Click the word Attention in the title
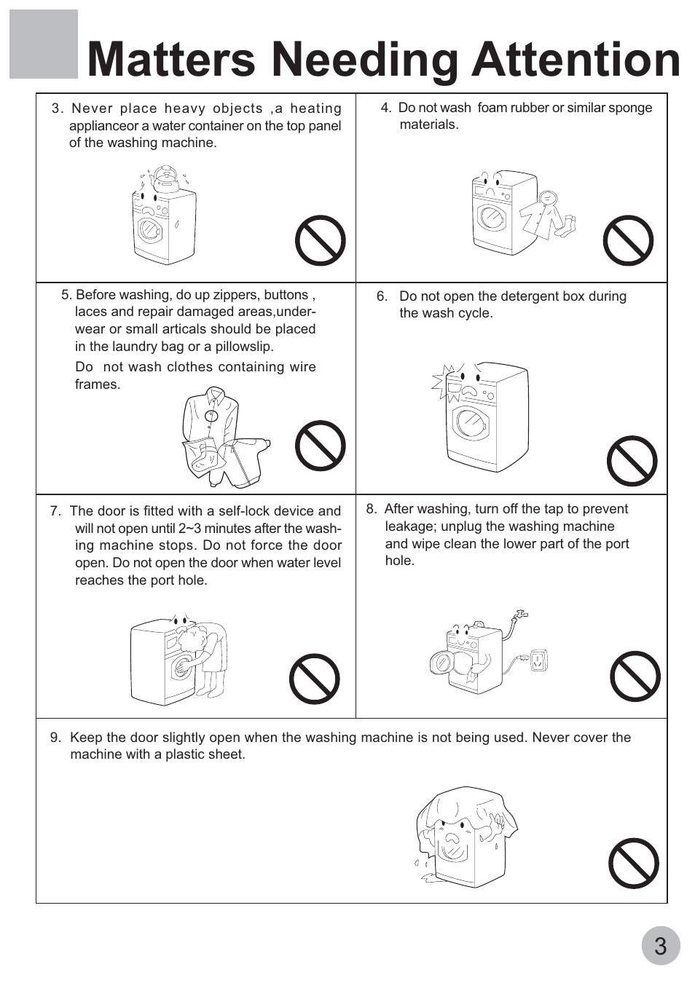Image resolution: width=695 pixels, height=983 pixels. [576, 59]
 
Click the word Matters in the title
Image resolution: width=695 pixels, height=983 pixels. [171, 59]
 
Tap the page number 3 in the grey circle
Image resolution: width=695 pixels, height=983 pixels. [661, 946]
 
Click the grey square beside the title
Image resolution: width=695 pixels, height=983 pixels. [44, 44]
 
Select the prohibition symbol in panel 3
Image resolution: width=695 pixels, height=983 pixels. [320, 240]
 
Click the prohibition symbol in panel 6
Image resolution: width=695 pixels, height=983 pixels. [632, 461]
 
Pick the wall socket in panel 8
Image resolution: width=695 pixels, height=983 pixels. [539, 660]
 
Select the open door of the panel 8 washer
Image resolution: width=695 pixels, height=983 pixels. [441, 663]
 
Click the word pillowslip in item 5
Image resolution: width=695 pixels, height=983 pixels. [244, 347]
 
